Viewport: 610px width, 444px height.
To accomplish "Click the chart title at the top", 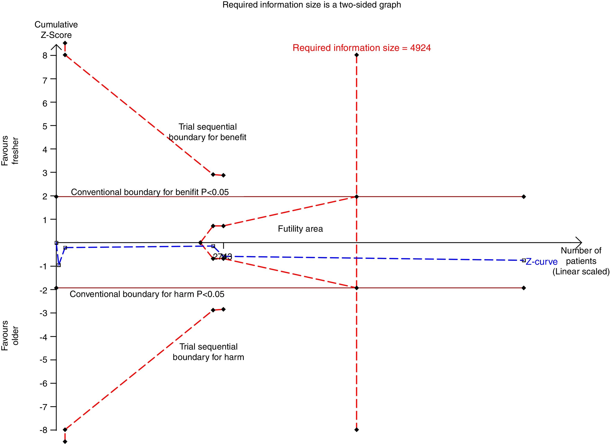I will (x=311, y=5).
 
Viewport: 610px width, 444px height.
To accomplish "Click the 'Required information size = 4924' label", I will (x=361, y=48).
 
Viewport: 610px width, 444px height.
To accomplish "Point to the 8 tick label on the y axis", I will (x=45, y=55).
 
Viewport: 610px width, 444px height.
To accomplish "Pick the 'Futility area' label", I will (x=300, y=229).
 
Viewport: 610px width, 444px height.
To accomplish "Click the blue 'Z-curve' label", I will (x=541, y=262).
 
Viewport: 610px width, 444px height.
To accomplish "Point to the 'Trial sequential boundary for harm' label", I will (x=208, y=352).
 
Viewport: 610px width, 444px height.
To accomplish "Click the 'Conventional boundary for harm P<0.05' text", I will (x=147, y=294).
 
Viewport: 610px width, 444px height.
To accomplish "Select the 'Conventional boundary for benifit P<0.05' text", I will (x=150, y=192).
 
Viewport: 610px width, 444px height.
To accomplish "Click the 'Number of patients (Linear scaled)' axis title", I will (x=581, y=261).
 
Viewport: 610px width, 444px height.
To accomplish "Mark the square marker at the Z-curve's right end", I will (x=524, y=260).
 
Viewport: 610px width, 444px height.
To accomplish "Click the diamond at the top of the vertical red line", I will (x=357, y=55).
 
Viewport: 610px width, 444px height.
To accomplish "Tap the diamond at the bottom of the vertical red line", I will (x=357, y=430).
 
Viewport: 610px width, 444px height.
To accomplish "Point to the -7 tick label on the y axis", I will (x=43, y=407).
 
